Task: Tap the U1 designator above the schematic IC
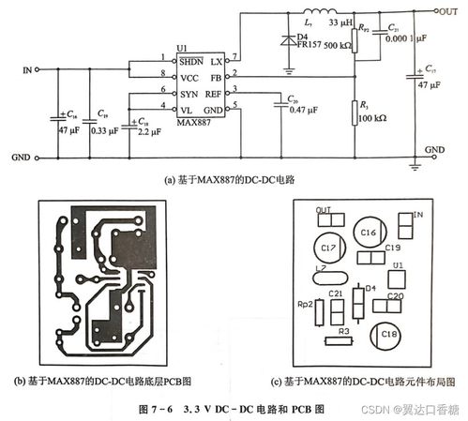pyautogui.click(x=182, y=47)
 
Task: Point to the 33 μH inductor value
pyautogui.click(x=340, y=22)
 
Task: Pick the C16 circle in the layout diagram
pyautogui.click(x=368, y=233)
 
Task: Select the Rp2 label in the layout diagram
pyautogui.click(x=304, y=305)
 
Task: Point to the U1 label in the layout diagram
pyautogui.click(x=399, y=266)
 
